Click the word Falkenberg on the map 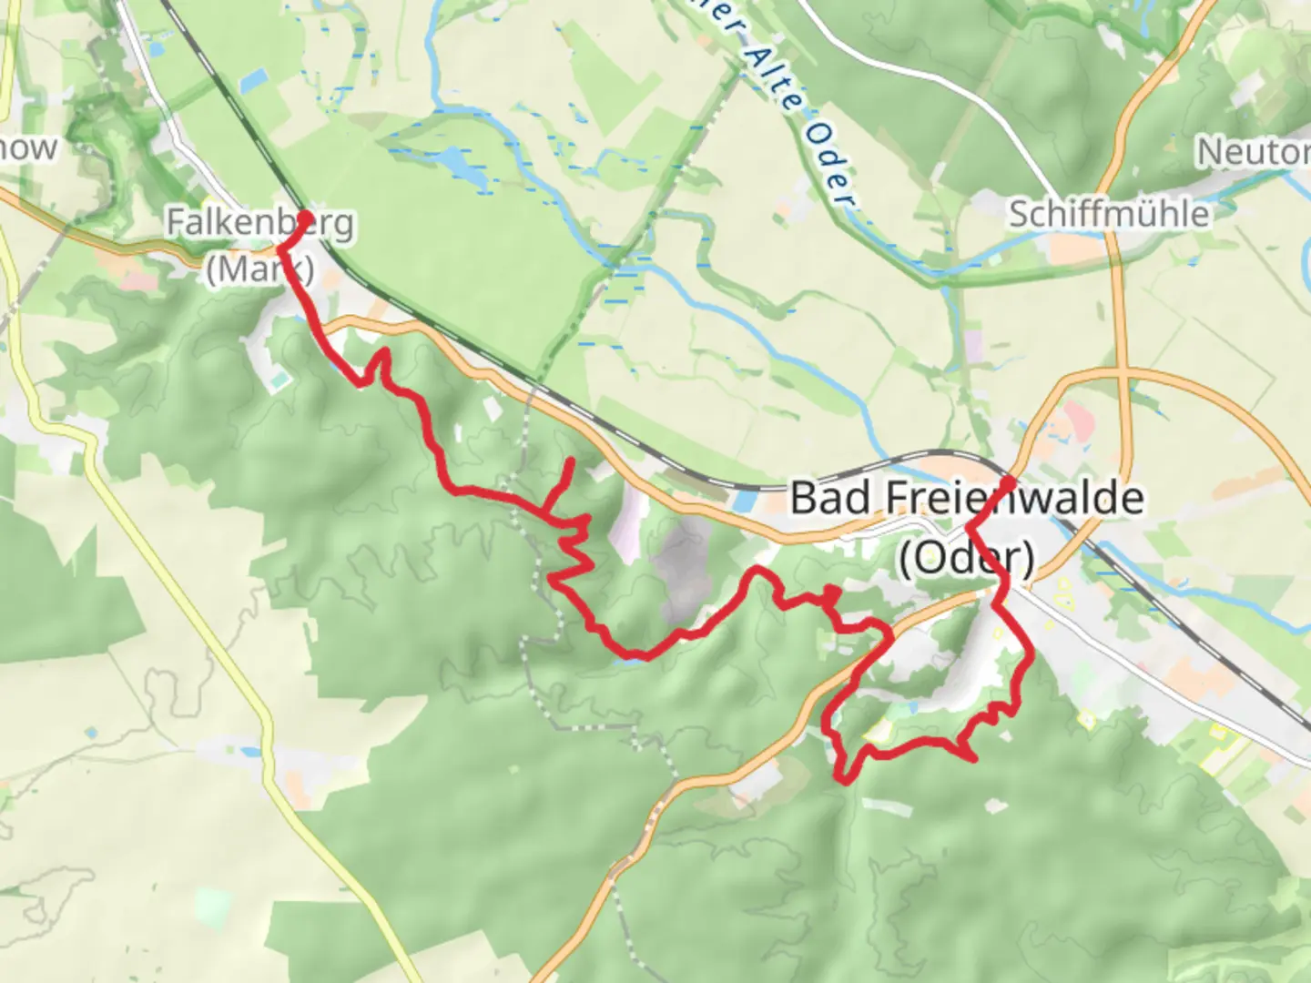(259, 223)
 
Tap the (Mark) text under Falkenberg (259, 269)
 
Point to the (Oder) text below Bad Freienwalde (967, 557)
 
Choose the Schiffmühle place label (1109, 214)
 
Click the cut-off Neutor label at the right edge (1253, 151)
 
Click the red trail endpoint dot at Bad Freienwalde (1009, 482)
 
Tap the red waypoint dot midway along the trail (831, 594)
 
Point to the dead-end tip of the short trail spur (571, 461)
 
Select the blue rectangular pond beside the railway (744, 501)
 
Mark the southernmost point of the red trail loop (846, 779)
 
